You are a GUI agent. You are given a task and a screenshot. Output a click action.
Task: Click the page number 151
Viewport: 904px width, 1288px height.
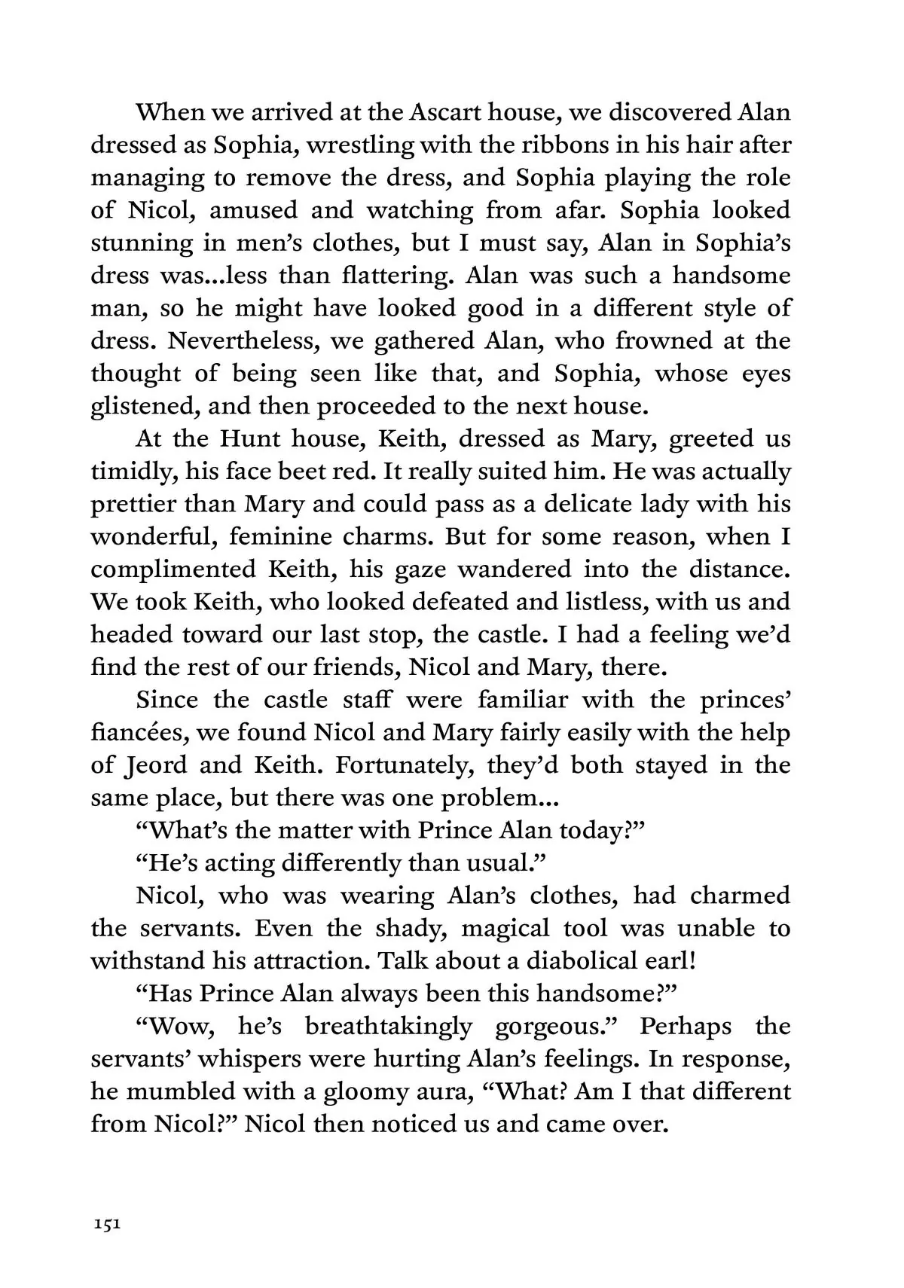[105, 1224]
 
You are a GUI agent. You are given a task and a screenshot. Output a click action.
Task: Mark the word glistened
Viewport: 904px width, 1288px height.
[145, 406]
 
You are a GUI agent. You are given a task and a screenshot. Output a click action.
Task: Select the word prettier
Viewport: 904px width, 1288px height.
[133, 504]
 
